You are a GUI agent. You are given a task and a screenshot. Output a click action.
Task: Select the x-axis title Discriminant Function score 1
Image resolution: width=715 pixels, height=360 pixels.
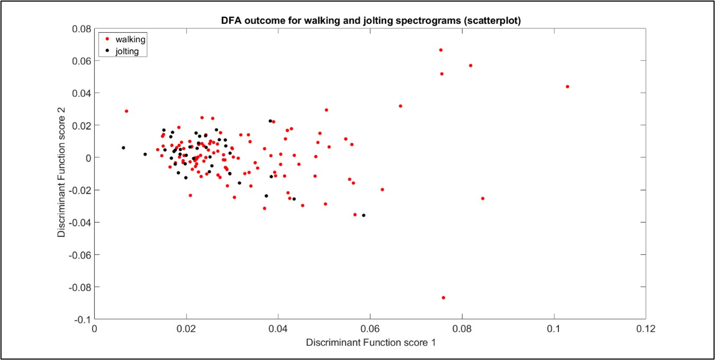coord(371,343)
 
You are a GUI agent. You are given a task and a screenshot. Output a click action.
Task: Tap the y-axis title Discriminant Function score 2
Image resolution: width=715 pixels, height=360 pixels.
coord(62,174)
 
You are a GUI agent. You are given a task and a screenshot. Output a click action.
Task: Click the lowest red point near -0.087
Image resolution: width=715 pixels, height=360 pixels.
coord(443,298)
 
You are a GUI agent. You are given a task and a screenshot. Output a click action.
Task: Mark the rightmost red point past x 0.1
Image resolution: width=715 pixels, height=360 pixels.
coord(567,86)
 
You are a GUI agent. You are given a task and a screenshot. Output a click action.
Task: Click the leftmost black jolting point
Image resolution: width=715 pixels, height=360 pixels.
coord(123,148)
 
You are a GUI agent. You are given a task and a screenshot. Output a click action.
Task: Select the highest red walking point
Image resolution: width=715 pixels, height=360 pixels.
coord(441,50)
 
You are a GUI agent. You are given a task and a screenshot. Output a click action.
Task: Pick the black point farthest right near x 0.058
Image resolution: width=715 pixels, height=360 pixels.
coord(363,215)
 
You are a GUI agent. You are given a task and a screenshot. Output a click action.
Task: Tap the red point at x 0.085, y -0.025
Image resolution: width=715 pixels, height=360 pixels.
coord(482,198)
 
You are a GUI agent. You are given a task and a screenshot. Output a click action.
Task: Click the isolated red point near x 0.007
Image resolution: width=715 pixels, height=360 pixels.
coord(127,111)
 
